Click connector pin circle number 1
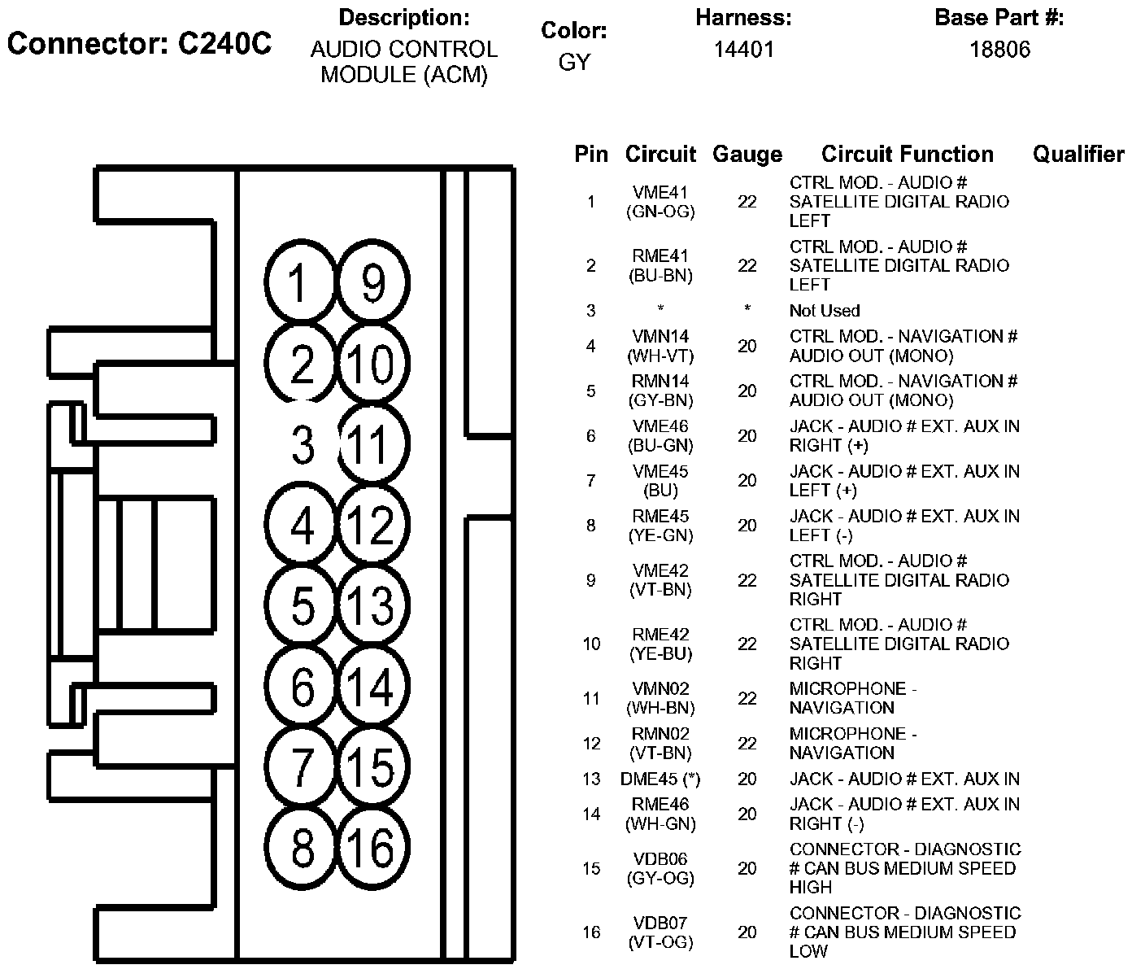point(300,283)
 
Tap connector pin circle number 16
point(372,848)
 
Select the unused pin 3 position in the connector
point(303,445)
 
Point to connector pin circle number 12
point(372,525)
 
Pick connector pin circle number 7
point(302,766)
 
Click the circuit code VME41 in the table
point(660,193)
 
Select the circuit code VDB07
point(660,923)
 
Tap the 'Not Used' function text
point(824,311)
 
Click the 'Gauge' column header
point(747,155)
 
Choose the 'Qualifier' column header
point(1078,155)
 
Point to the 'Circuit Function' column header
point(907,155)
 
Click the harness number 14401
point(743,50)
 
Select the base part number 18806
point(999,50)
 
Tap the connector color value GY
point(574,62)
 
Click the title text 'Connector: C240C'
point(139,44)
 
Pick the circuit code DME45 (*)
point(660,779)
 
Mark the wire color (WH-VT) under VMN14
point(660,356)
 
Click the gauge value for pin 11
point(747,699)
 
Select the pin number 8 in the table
point(591,526)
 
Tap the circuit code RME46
point(660,805)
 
